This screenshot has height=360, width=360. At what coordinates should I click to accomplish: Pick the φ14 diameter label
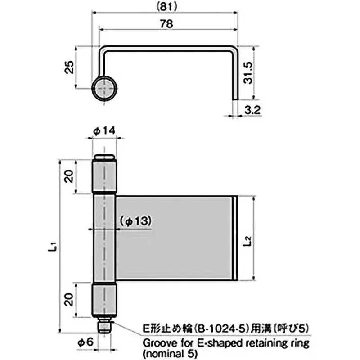(x=105, y=130)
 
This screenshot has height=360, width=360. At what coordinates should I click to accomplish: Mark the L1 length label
(x=53, y=246)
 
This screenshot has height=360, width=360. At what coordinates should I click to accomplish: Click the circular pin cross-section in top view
(x=105, y=88)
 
